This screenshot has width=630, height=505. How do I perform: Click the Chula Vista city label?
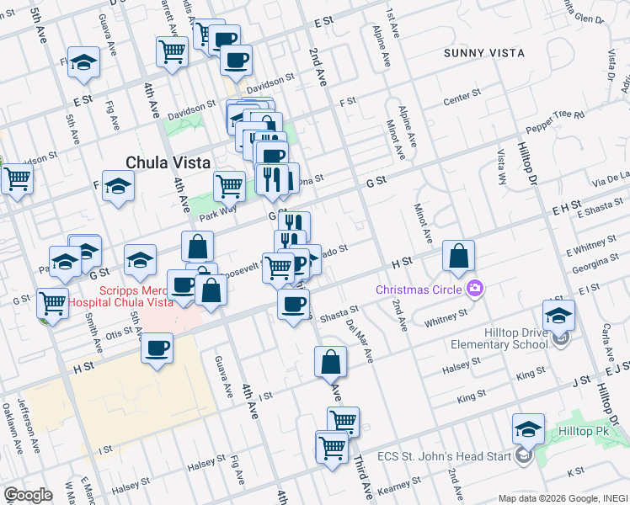[x=164, y=162]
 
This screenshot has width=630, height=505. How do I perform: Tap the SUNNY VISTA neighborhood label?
[x=484, y=53]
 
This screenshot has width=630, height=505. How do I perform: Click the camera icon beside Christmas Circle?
[x=474, y=290]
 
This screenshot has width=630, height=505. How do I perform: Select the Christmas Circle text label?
[x=419, y=290]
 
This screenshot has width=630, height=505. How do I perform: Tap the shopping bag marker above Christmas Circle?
[x=458, y=258]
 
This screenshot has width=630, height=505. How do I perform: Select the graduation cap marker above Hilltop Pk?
[x=528, y=429]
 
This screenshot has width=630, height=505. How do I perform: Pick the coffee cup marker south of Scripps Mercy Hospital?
[x=157, y=348]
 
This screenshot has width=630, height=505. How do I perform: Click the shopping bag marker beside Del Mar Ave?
[x=331, y=363]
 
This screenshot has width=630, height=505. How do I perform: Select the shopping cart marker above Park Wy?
[x=229, y=185]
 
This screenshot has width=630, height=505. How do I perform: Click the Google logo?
[x=27, y=494]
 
